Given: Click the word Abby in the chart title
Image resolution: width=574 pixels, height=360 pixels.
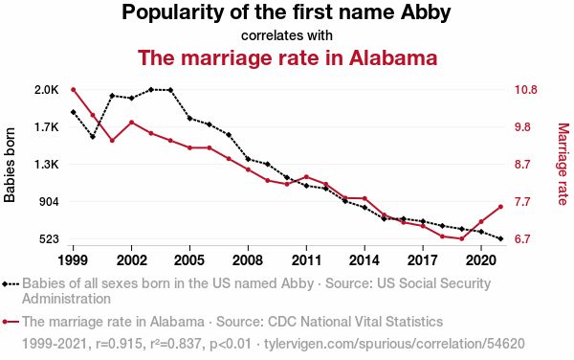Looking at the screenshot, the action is (426, 13).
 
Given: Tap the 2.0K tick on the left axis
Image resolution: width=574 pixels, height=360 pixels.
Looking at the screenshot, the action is (47, 90).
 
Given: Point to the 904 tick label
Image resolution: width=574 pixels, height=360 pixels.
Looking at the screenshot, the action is (49, 202).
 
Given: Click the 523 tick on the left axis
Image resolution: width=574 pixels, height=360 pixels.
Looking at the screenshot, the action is (49, 239).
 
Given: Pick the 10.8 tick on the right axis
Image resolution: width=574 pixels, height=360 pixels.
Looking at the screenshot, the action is (525, 90).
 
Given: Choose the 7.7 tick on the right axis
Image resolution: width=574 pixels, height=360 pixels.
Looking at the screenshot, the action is (522, 202).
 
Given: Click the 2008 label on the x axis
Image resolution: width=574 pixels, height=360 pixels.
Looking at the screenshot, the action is (248, 260).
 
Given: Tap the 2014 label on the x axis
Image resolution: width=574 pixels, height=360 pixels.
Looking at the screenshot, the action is (364, 260).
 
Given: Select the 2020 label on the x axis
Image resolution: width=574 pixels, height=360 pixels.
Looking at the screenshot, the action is (481, 260).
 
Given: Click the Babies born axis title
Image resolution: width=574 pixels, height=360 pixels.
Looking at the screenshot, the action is (10, 165).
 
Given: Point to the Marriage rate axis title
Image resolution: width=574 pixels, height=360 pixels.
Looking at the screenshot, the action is (563, 164).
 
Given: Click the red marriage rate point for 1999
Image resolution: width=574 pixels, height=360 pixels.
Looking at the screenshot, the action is (74, 90).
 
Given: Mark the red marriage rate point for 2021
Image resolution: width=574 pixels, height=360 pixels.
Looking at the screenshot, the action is (500, 207).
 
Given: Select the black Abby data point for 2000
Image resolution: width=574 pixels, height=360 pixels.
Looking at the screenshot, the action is (93, 137).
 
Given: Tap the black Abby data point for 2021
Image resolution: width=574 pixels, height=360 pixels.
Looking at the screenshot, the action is (500, 238).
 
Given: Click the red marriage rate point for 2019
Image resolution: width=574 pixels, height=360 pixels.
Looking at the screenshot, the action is (462, 238).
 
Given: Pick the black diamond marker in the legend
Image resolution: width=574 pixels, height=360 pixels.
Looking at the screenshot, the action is (5, 283).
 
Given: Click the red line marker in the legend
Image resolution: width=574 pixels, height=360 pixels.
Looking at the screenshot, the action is (11, 322).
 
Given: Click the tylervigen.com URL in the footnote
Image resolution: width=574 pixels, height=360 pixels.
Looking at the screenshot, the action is (394, 344).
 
